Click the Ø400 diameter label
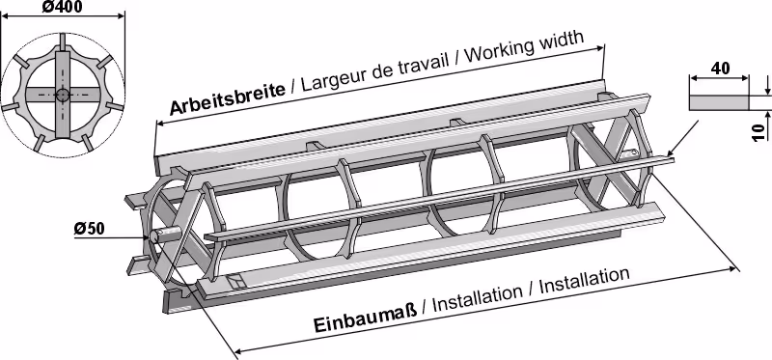coord(62,7)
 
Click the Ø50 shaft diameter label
coord(89,229)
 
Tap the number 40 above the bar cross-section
coord(720,68)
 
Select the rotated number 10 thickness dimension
coord(759,132)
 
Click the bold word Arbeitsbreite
coord(227,98)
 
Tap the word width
coord(565,39)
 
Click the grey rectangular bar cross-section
coord(719,102)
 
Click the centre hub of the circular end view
coord(62,95)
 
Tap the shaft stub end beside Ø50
coord(154,236)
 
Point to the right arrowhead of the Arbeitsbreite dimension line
coord(600,48)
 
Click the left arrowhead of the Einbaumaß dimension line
coord(237,350)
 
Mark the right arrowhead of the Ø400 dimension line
coord(122,16)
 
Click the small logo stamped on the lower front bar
coord(235,281)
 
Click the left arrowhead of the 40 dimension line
coord(692,77)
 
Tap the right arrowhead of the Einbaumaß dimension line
coord(735,268)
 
